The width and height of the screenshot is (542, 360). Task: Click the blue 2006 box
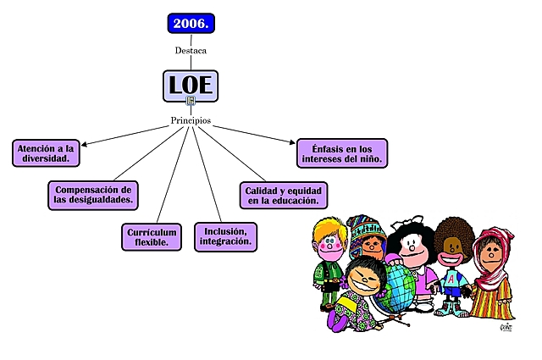pos(191,23)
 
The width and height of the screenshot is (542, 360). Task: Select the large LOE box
pos(191,84)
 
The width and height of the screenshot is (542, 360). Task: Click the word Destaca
pos(191,50)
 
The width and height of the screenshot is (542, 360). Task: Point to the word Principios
pos(191,120)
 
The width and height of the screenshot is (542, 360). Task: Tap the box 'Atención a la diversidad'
pos(47,152)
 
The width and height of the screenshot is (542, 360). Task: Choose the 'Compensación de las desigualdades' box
pos(93,195)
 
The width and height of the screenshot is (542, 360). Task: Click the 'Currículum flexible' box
pos(152,236)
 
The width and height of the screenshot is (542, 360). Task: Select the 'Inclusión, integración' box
pos(224,236)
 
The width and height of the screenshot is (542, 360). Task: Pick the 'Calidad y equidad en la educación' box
pos(283,195)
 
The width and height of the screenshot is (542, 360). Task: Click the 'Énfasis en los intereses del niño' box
pos(342,152)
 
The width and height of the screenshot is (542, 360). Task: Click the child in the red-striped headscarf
pos(492,254)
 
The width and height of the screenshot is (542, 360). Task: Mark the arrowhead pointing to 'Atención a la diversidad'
pos(84,145)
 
